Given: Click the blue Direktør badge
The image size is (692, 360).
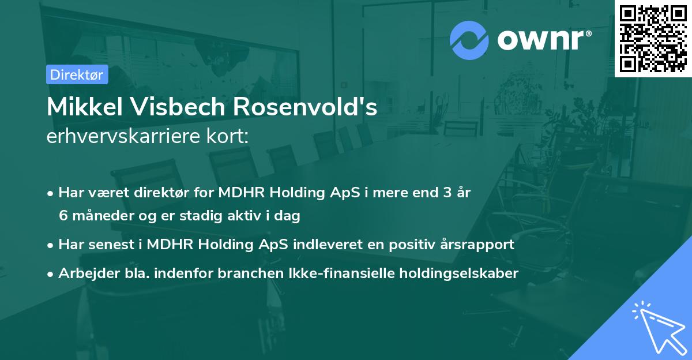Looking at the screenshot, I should (x=77, y=74).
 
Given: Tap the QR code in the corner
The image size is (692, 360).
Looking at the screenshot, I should (x=653, y=39).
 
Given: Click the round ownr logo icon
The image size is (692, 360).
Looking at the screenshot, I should (x=469, y=40).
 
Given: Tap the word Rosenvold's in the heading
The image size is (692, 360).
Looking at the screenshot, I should (x=304, y=107).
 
